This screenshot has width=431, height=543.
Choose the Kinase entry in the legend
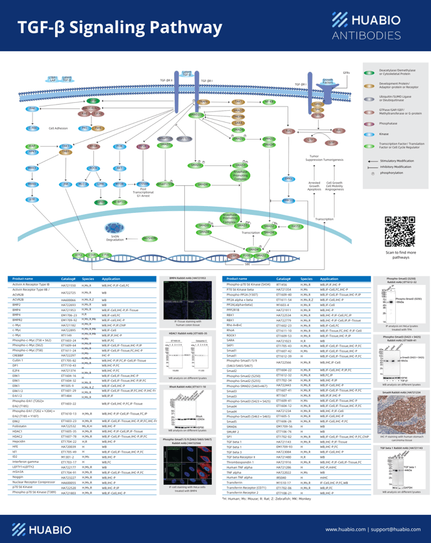pyautogui.click(x=383, y=133)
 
